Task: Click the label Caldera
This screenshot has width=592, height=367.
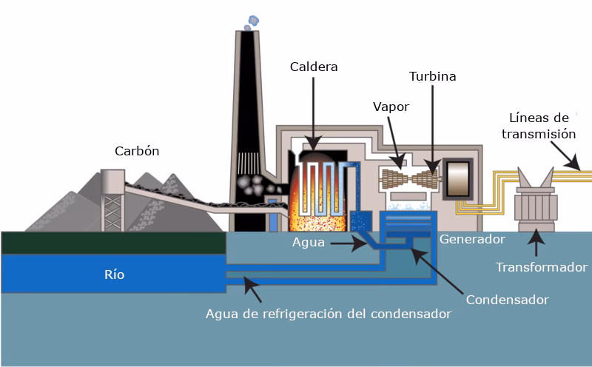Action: (314, 67)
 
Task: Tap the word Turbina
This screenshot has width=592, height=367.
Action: (432, 76)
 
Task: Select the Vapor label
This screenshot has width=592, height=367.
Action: (391, 107)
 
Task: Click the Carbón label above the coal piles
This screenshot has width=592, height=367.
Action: (137, 151)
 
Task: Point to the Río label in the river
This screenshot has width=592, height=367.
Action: (114, 275)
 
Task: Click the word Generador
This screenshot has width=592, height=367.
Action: (472, 239)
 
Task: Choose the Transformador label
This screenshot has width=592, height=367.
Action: (542, 266)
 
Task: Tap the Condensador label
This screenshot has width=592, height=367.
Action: (507, 300)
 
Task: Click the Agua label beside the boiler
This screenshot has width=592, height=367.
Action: (307, 242)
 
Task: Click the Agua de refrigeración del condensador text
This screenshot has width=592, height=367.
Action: (328, 313)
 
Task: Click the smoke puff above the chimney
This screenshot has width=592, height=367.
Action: (252, 18)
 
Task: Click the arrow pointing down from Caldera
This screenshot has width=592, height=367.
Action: (314, 111)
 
